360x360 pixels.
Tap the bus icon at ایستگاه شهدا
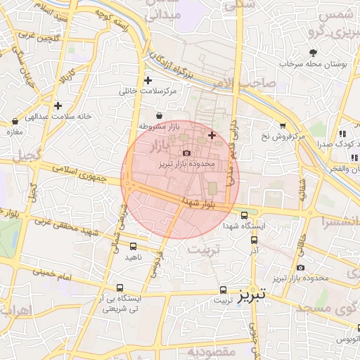(x=244, y=216)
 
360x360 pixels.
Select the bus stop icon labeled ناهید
(x=134, y=246)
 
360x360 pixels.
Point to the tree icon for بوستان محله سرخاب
(x=314, y=53)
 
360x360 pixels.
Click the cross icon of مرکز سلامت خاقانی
(x=148, y=81)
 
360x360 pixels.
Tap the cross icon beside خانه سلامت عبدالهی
(x=58, y=106)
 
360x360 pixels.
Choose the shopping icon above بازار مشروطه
(x=159, y=115)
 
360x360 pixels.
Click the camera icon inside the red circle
(x=186, y=153)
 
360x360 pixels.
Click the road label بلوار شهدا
(x=196, y=202)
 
